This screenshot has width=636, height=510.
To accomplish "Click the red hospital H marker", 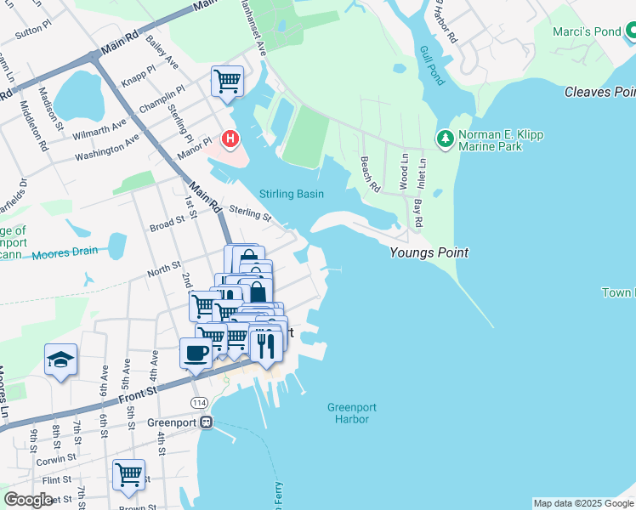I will point(229,138).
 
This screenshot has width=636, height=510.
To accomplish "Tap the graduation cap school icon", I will point(61,360).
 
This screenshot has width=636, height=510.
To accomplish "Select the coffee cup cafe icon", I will point(196,353).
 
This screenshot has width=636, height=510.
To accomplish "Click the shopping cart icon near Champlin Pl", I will point(227,82).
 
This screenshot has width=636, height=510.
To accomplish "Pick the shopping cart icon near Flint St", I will point(128,474).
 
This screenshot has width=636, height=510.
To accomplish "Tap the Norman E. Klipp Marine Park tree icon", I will point(444,137).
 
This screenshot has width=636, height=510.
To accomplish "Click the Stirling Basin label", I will point(292,194).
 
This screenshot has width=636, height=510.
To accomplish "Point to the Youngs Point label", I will point(429,252).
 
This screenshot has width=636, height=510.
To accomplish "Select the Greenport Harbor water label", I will point(351,413).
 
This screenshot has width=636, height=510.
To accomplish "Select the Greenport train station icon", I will point(206,422).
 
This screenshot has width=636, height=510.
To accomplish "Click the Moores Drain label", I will point(67,252).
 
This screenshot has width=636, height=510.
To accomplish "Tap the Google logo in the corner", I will point(29,500).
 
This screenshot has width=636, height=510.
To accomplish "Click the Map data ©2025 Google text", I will point(582,503).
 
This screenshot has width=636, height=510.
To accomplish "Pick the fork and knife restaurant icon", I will point(266,343).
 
